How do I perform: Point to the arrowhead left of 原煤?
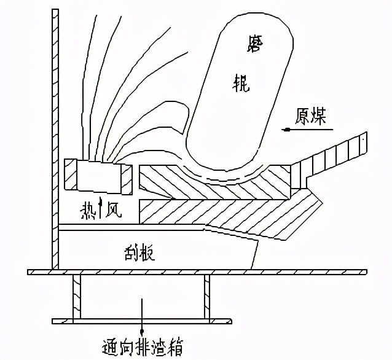286,128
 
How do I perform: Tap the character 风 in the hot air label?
114,211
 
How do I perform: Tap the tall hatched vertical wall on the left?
55,123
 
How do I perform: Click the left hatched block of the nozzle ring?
70,174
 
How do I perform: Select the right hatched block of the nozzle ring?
127,177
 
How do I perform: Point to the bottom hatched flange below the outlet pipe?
141,321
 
